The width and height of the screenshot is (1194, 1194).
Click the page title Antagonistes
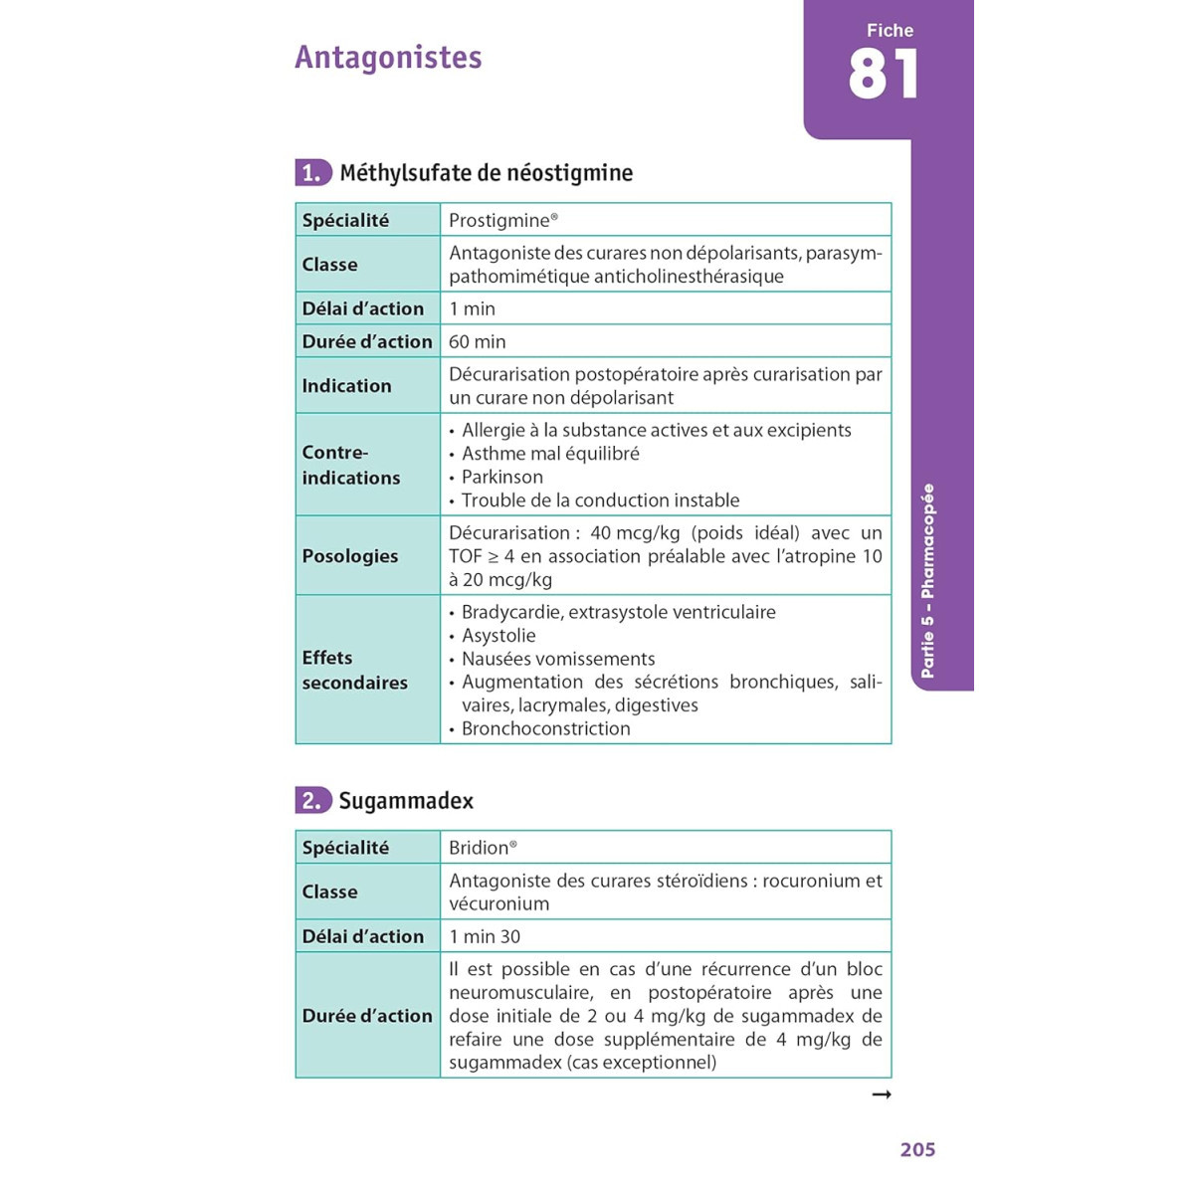coord(388,58)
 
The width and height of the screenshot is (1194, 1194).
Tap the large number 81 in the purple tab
coord(883,76)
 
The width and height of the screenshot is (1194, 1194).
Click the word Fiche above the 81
coord(890,31)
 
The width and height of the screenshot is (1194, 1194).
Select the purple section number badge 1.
coord(312,173)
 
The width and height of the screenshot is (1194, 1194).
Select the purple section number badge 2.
coord(312,801)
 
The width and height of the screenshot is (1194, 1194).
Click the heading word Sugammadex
coord(406,801)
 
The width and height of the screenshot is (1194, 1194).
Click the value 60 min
coord(478,341)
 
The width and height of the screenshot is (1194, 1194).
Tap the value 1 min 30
coord(485,936)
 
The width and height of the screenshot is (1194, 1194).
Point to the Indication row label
coord(346,386)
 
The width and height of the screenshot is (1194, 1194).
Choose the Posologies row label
coord(349,556)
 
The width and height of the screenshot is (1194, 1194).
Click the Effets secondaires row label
coord(354,670)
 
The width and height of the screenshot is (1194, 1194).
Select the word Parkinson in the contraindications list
coord(502,477)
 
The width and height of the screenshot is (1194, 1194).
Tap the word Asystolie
coord(498,636)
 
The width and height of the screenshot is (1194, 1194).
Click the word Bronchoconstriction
coord(545,728)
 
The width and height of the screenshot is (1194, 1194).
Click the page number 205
coord(917,1150)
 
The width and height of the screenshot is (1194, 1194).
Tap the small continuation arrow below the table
coord(881,1094)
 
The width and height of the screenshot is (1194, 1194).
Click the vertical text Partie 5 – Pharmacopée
coord(927,581)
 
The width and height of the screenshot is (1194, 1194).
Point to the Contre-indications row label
coord(350,465)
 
